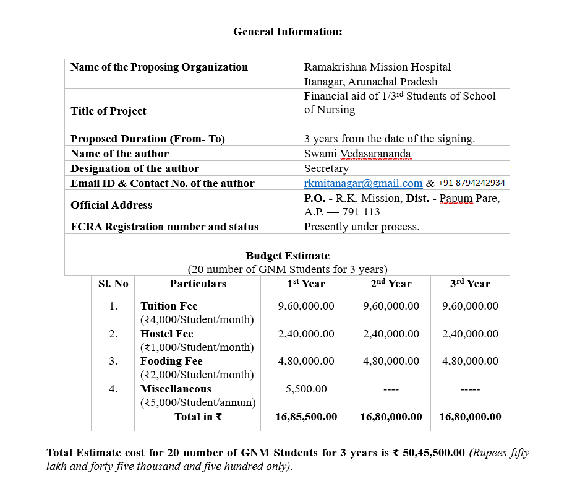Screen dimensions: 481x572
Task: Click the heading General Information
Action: point(288,32)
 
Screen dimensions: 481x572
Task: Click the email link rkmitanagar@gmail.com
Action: point(363,183)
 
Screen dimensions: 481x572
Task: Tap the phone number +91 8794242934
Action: point(471,183)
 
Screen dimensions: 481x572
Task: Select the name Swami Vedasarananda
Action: point(357,154)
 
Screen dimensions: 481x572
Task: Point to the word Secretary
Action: point(327,168)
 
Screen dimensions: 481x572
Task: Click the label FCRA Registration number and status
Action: point(164,227)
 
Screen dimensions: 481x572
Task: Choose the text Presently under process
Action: point(362,227)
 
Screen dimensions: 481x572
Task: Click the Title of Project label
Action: point(108,111)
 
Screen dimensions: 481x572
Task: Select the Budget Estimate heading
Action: point(288,256)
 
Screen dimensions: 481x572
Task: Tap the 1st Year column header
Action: point(306,284)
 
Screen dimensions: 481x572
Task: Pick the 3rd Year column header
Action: point(470,284)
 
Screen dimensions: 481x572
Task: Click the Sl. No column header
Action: point(113,284)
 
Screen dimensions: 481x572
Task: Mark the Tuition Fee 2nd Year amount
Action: point(391,306)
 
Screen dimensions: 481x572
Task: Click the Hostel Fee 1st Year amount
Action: point(306,334)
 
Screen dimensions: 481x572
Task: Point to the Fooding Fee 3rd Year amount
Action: point(470,361)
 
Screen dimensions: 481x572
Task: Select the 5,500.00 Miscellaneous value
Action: point(306,389)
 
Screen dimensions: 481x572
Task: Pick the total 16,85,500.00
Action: point(306,417)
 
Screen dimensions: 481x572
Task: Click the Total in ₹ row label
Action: point(198,417)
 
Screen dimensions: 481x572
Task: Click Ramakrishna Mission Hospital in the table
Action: point(377,67)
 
